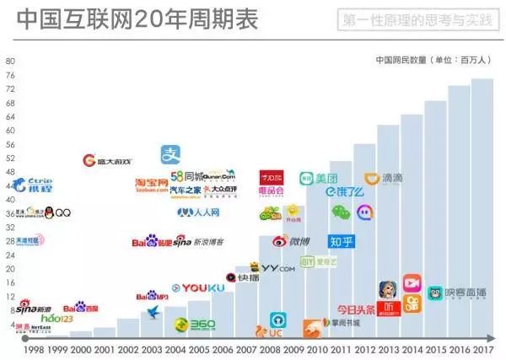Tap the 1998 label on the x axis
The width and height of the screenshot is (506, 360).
35,348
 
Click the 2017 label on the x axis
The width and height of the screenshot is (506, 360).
482,348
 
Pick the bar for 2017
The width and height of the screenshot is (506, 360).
482,211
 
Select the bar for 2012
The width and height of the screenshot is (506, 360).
364,244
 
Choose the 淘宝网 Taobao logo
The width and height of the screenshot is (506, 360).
152,185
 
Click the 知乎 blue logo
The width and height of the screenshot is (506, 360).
341,243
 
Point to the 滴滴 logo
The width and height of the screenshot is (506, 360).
383,179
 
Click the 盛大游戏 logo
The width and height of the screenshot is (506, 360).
107,160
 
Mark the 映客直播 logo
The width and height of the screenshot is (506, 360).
456,293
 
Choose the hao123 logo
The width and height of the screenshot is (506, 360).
57,319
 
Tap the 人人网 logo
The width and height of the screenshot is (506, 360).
198,212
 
